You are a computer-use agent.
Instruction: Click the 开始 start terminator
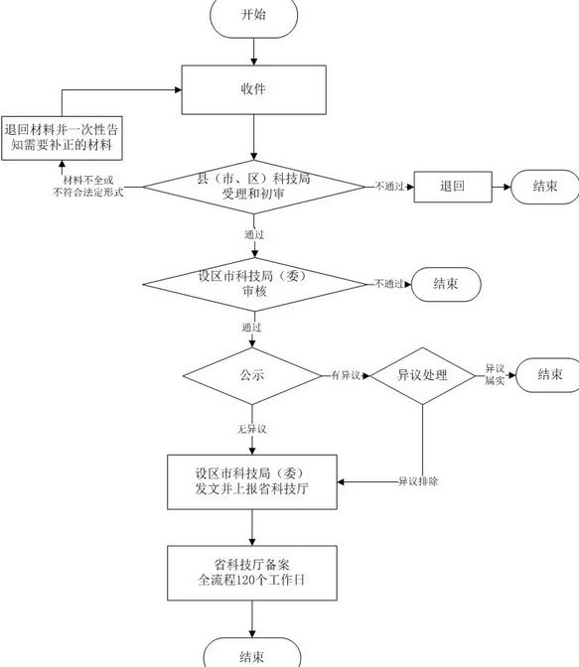pos(253,16)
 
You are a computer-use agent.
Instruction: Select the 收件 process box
pos(253,89)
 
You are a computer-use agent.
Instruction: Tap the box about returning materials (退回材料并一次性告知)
pos(62,138)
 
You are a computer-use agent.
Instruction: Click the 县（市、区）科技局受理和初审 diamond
pos(253,187)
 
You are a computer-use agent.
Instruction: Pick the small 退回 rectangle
pos(453,187)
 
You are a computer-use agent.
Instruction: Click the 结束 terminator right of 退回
pos(545,187)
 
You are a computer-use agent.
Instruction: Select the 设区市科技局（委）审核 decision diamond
pos(254,284)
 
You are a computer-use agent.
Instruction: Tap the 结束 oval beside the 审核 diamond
pos(446,284)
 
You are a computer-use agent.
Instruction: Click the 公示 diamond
pos(252,375)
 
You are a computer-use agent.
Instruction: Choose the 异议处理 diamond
pos(422,375)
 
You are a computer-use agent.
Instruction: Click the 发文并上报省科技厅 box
pos(252,482)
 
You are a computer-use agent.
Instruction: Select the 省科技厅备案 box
pos(252,573)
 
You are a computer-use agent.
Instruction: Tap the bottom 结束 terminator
pos(252,653)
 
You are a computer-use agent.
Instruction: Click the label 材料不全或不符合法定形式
pos(88,187)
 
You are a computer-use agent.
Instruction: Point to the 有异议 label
pos(346,375)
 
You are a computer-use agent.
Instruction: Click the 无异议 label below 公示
pos(252,429)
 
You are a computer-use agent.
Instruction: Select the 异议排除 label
pos(418,481)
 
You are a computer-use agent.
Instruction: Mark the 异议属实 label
pos(495,374)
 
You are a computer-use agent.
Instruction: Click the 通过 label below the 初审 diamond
pos(254,234)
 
